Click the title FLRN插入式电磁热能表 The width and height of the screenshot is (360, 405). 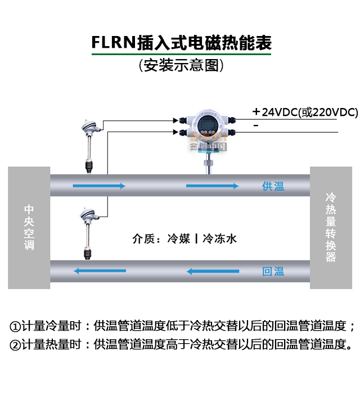[181, 43]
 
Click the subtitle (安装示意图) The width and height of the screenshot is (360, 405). [181, 66]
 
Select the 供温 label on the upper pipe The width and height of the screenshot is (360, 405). [273, 186]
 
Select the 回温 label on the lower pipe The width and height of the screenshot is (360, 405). [273, 272]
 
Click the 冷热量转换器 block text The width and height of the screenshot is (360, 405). [331, 227]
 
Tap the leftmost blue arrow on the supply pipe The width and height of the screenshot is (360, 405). [98, 186]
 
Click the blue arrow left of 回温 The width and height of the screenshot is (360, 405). [214, 272]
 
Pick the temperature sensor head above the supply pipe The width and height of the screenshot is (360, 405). [91, 128]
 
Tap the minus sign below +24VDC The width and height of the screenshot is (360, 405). [256, 125]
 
